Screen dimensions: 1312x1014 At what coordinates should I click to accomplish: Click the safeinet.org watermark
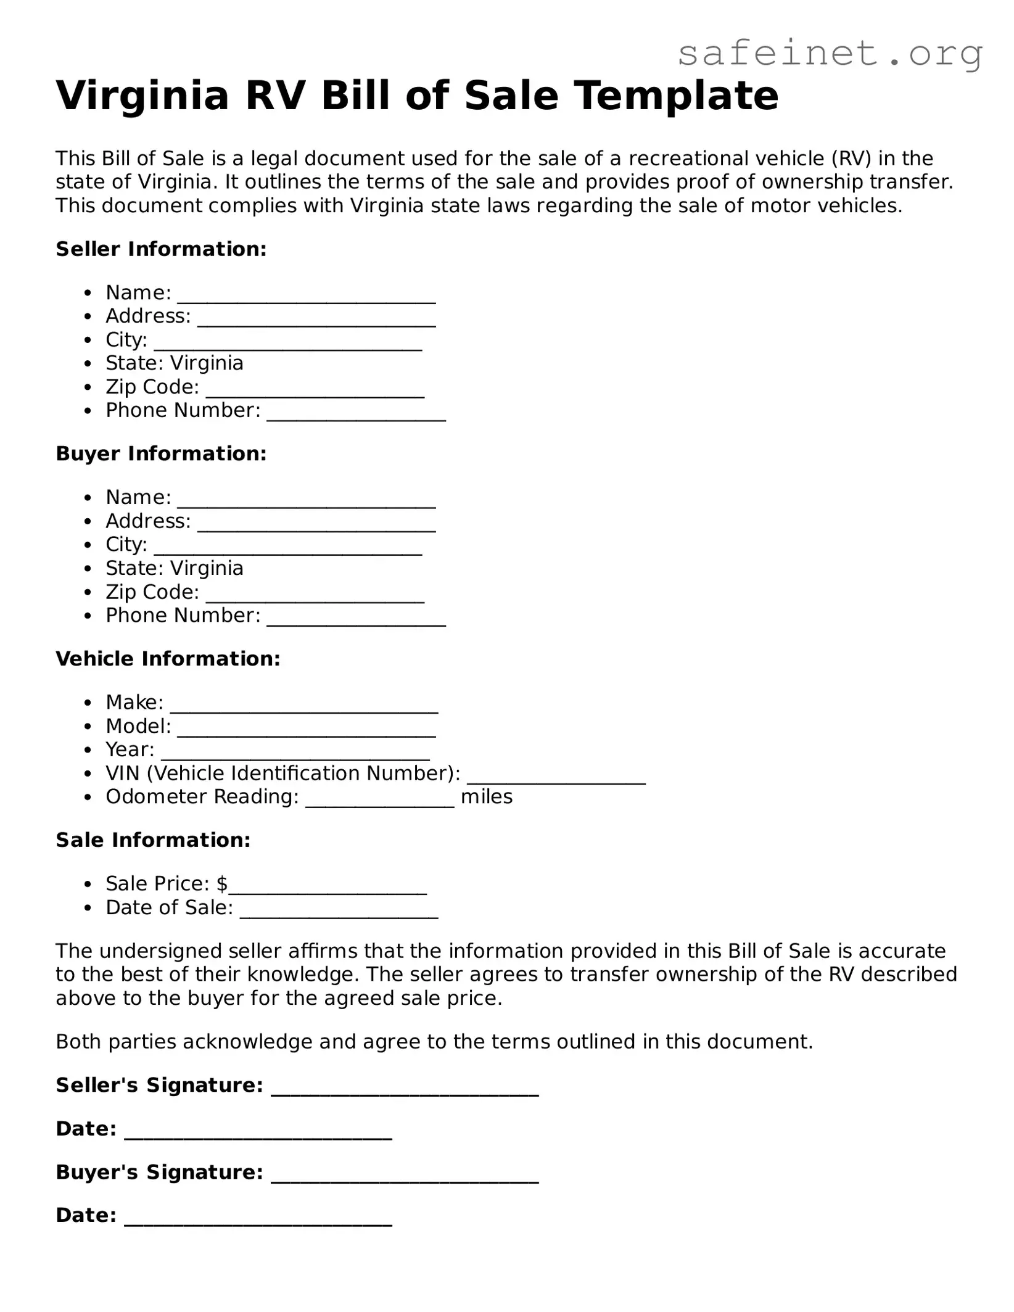coord(830,54)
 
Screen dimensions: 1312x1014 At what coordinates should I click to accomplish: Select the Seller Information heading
coord(161,249)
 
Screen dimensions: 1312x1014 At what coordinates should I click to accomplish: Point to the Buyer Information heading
coord(161,453)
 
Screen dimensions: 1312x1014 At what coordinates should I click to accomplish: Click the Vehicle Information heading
coord(168,659)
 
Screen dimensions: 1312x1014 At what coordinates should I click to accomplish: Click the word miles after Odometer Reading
coord(487,797)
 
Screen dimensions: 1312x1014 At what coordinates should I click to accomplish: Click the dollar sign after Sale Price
coord(222,884)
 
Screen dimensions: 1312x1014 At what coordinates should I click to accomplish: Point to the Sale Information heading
coord(153,840)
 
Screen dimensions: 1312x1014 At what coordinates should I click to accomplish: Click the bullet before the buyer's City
coord(89,545)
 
